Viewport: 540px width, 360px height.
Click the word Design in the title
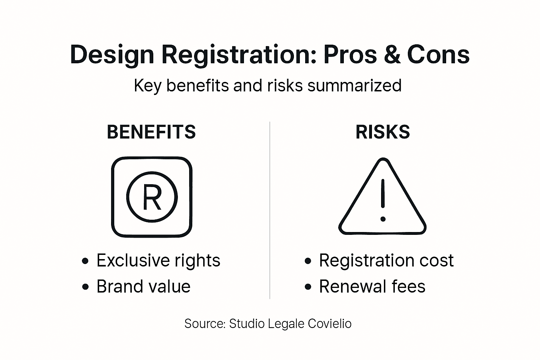tap(112, 55)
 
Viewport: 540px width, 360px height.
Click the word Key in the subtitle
tap(147, 86)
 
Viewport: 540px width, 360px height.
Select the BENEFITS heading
tap(151, 132)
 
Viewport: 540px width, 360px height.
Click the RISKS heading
tap(382, 132)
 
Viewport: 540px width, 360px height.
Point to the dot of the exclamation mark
tap(383, 219)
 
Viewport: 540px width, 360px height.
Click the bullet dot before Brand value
tap(85, 287)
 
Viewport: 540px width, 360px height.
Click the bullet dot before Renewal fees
tap(308, 287)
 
